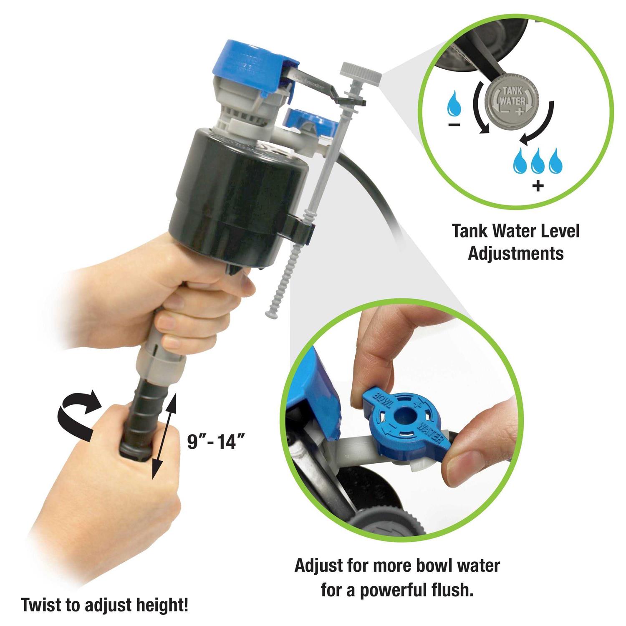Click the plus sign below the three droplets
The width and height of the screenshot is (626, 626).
point(538,185)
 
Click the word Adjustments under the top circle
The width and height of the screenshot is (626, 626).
point(516,253)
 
